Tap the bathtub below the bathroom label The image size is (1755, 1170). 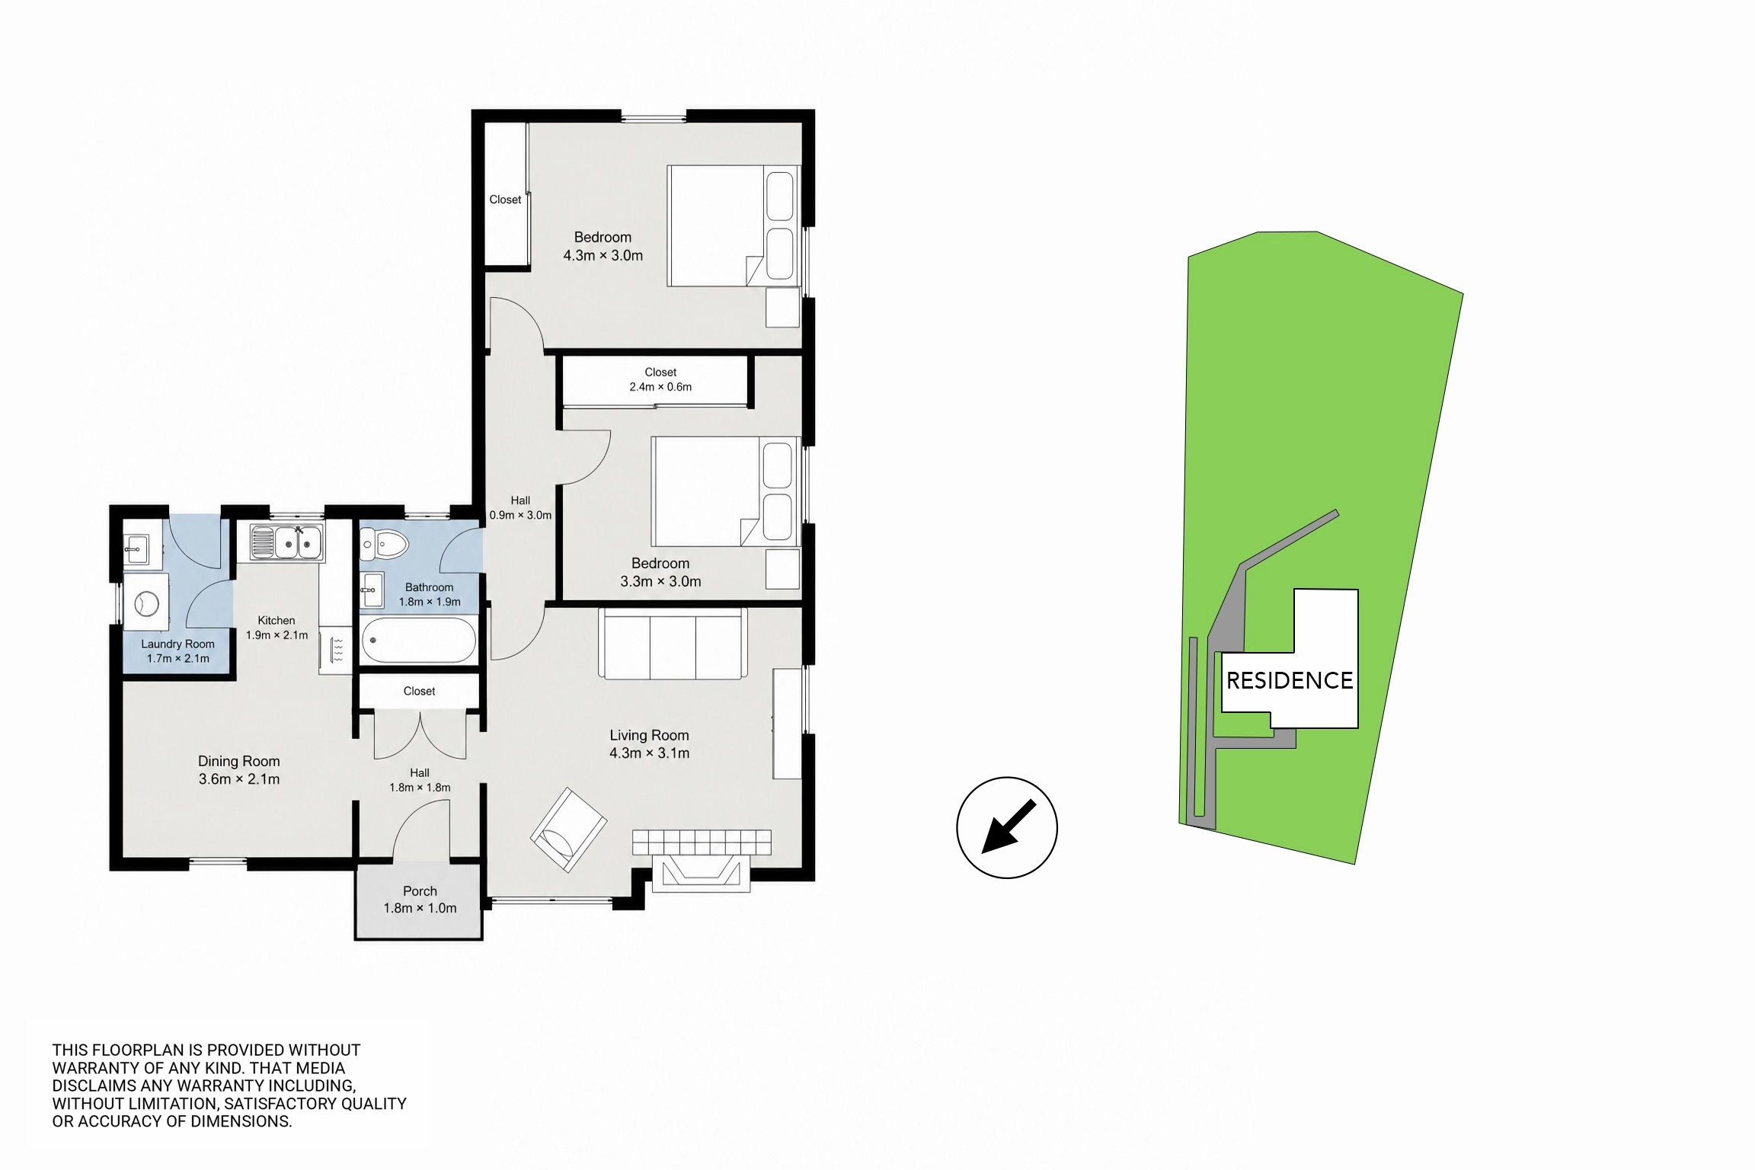419,640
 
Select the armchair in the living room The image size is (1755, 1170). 568,830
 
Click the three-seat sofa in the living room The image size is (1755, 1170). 673,643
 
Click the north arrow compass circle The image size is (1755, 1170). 1007,827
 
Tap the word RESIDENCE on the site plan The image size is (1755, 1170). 1290,680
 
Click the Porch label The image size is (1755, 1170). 420,890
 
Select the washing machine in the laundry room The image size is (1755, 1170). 145,603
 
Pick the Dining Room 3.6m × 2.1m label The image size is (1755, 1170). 239,769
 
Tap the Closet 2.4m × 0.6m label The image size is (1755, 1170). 660,379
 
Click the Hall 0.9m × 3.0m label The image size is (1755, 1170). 520,507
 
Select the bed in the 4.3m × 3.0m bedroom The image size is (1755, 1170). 734,226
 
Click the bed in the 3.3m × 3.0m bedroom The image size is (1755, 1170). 725,491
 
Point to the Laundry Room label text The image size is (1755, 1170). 177,644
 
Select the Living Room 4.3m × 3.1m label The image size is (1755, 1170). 649,743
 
